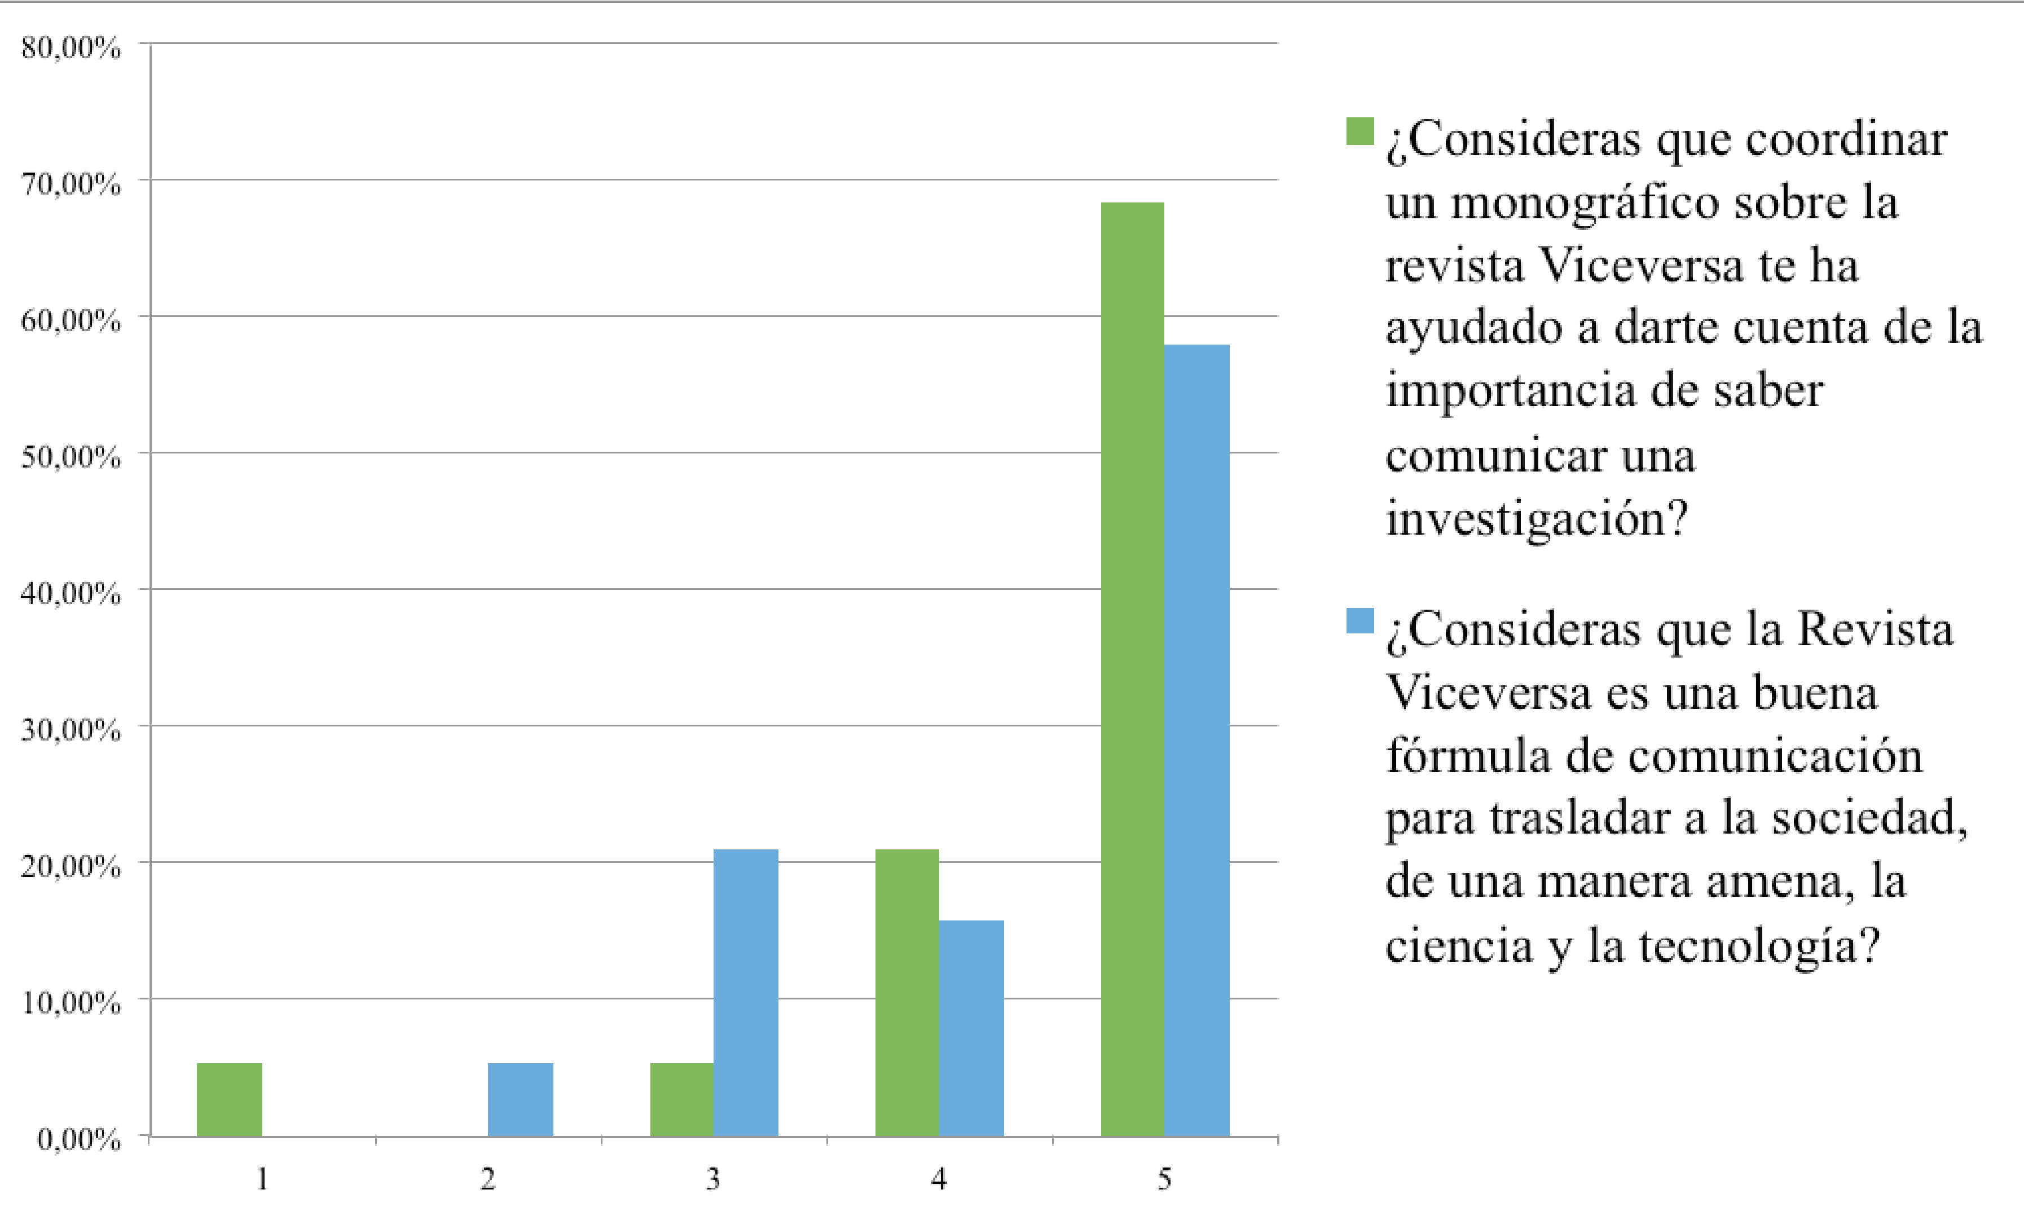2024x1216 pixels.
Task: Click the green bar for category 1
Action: [x=230, y=1100]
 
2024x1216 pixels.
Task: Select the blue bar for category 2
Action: [x=520, y=1100]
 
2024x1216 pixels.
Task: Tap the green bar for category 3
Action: [x=682, y=1100]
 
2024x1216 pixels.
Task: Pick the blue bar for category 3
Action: [x=746, y=992]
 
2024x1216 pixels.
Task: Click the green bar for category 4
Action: [x=907, y=992]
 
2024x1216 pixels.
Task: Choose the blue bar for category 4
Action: [x=971, y=1028]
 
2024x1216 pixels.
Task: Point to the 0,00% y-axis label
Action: [x=78, y=1139]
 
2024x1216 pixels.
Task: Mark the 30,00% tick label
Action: [x=71, y=730]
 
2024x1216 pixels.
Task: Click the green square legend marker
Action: [x=1359, y=131]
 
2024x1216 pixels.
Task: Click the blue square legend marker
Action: [x=1359, y=620]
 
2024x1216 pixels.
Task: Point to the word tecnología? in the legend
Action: [x=1758, y=946]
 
